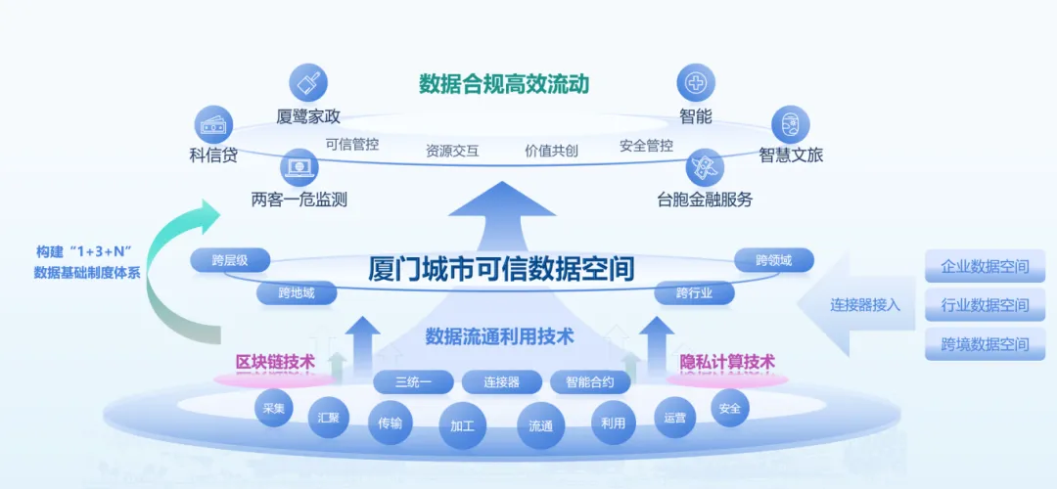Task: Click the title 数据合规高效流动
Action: pos(504,84)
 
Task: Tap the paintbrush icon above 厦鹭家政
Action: pos(309,83)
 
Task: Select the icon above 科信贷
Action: pos(213,125)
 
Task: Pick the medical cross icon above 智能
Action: pos(696,83)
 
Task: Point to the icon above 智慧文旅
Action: pos(791,125)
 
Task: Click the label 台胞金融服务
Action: pos(705,200)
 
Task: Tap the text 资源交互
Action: pos(452,151)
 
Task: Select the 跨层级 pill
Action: pos(228,260)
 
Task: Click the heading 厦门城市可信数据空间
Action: pos(501,268)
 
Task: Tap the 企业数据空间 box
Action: pos(985,266)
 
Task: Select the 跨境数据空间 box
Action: pos(985,344)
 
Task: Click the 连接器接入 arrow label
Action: pos(865,304)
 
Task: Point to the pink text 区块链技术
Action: pos(275,362)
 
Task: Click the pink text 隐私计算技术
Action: pos(727,362)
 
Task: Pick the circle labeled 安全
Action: pos(729,408)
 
